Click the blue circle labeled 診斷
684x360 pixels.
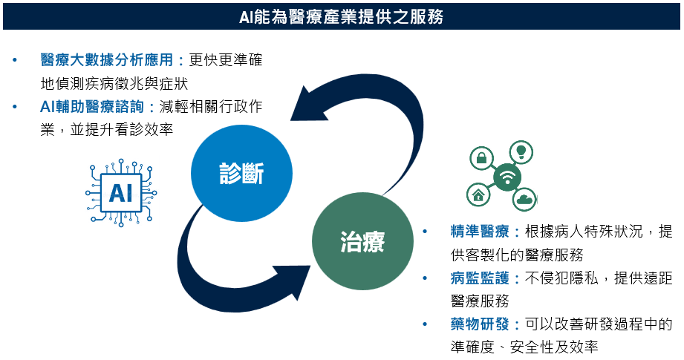click(x=241, y=173)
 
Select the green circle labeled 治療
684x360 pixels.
click(x=362, y=241)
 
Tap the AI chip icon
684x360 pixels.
click(x=121, y=192)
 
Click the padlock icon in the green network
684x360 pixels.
click(x=481, y=158)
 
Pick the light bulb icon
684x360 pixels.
click(x=521, y=152)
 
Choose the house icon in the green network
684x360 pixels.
click(x=478, y=194)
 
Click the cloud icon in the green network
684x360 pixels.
click(x=524, y=200)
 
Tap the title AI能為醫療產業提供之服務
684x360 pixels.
click(x=342, y=16)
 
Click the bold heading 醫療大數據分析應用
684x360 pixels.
click(x=107, y=59)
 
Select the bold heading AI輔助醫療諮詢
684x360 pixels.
click(x=92, y=106)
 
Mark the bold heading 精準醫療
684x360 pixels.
click(x=480, y=232)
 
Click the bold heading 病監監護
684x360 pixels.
click(x=480, y=278)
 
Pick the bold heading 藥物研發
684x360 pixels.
click(x=480, y=324)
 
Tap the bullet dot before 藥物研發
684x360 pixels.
click(x=426, y=324)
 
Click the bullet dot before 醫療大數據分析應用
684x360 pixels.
click(x=16, y=59)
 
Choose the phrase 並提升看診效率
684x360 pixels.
click(x=122, y=129)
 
